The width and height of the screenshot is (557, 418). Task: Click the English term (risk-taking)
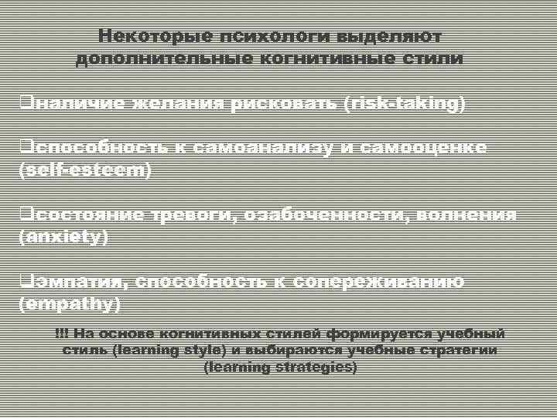(405, 104)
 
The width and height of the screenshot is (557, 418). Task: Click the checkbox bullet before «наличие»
(24, 102)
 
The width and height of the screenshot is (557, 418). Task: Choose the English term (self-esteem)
(85, 170)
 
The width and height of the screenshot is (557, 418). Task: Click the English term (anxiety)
(63, 237)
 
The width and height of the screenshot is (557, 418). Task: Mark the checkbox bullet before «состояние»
(24, 214)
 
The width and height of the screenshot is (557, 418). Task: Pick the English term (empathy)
(70, 304)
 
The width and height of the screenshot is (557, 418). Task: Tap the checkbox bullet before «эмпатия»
(24, 281)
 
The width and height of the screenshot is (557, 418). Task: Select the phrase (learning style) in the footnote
(169, 350)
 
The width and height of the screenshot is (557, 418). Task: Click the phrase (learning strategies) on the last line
(280, 367)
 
